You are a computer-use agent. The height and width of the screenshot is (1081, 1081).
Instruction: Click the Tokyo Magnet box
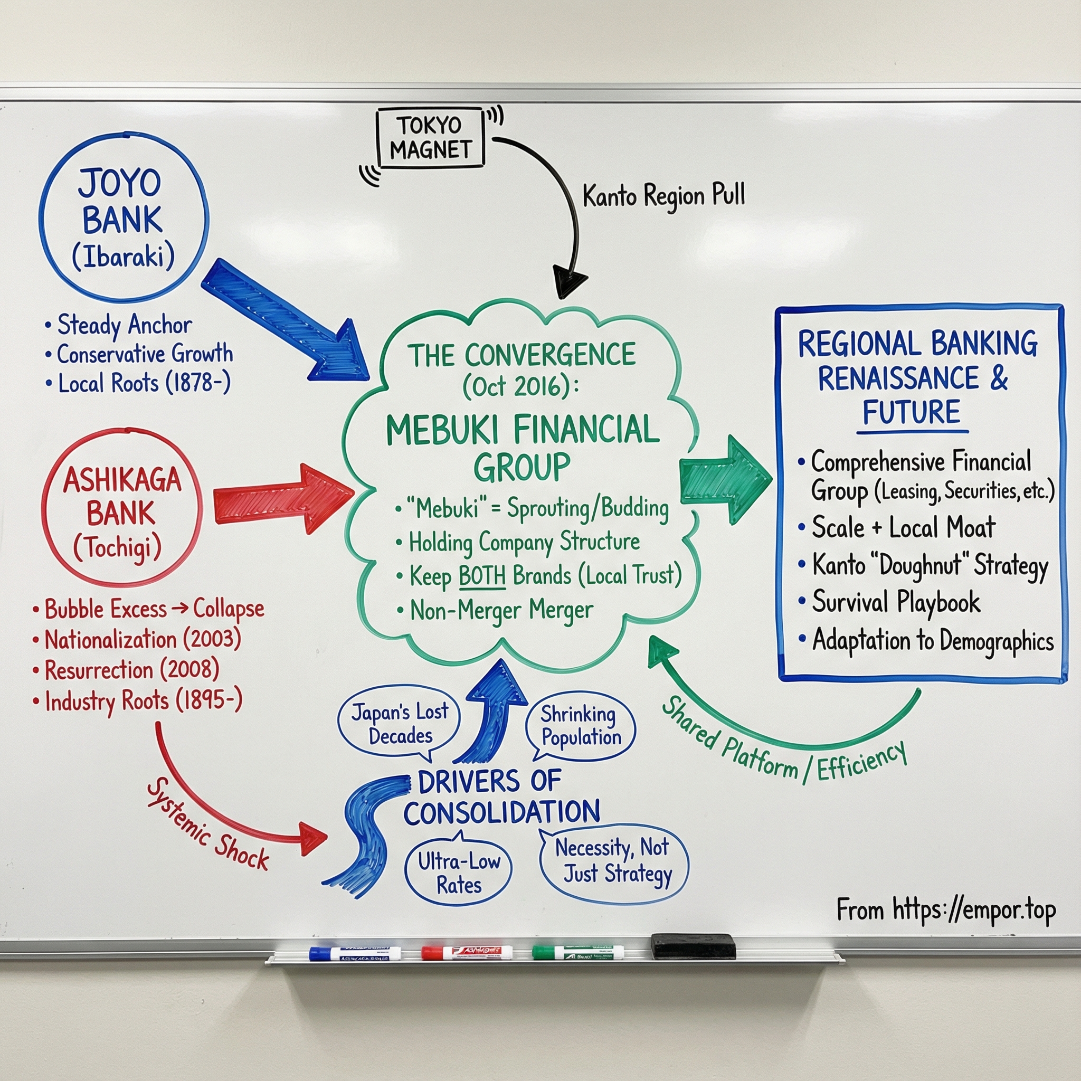click(x=430, y=138)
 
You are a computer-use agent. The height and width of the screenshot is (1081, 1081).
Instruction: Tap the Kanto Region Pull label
click(x=663, y=196)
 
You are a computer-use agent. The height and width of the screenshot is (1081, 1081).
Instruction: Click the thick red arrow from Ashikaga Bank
click(x=282, y=497)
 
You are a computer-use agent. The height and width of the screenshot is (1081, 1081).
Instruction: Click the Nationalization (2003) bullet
click(x=142, y=640)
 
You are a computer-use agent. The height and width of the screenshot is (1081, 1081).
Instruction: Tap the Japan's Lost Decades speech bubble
click(x=400, y=724)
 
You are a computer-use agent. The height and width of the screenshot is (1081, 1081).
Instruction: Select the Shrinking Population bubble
click(x=580, y=725)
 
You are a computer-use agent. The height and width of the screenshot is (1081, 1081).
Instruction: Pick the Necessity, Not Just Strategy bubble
click(x=614, y=861)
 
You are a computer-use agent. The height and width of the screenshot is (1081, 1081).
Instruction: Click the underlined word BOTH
click(x=482, y=576)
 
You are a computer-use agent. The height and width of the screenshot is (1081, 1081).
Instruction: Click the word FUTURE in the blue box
click(x=911, y=412)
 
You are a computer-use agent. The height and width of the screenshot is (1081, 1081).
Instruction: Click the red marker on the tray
click(x=466, y=952)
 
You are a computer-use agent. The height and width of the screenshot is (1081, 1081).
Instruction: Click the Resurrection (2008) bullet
click(x=132, y=670)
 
